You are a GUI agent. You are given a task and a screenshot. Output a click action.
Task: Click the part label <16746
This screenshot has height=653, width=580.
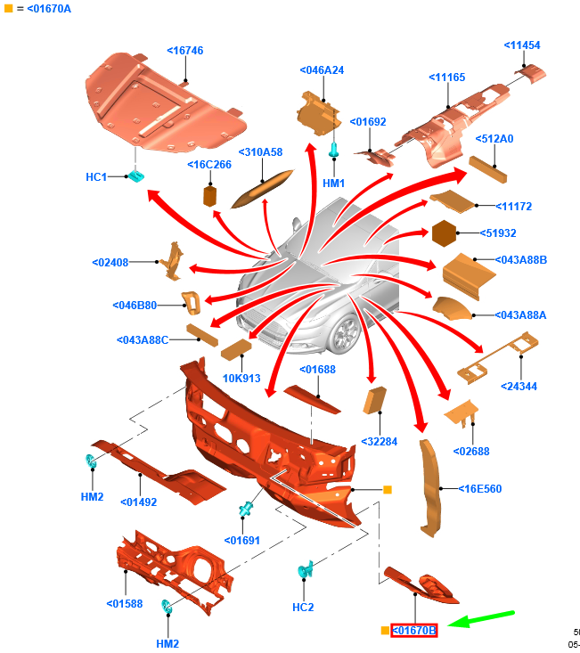coord(184,51)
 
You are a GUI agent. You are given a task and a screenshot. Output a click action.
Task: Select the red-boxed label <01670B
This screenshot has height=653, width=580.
coord(414,631)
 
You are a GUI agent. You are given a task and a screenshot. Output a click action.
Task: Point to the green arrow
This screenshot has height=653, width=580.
coord(481,618)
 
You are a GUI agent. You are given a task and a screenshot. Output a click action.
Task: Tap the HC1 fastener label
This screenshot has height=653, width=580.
coord(95,177)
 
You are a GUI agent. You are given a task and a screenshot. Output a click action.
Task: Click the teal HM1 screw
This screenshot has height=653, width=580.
coord(334,151)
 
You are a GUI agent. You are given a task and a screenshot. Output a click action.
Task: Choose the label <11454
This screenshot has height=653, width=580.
coord(521,45)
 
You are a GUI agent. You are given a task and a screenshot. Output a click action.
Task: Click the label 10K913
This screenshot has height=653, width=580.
coord(241,378)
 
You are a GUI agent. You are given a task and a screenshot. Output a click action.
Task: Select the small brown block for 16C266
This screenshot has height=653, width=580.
coord(211,195)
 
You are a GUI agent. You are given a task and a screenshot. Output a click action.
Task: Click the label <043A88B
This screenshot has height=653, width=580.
coord(521,260)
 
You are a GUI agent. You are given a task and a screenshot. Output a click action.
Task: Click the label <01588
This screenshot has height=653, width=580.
coord(125,604)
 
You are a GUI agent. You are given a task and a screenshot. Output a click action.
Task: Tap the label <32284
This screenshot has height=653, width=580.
coord(378,441)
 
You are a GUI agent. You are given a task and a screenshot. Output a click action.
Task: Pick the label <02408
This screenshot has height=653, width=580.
coord(110,263)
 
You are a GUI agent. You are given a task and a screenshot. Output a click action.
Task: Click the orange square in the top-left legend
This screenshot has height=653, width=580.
coord(8,8)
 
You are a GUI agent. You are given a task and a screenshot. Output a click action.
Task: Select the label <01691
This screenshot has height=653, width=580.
coord(241,540)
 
